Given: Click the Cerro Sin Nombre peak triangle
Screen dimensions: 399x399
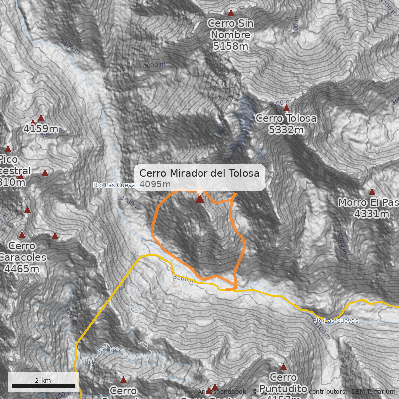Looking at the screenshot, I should (x=231, y=12).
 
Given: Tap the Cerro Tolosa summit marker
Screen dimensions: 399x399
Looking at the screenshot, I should (x=286, y=107).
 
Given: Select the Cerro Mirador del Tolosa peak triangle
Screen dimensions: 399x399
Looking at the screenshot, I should (x=199, y=199).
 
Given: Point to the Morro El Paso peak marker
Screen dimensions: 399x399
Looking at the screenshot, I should (x=372, y=192).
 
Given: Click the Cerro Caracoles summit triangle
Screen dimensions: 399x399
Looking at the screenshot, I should (x=22, y=235).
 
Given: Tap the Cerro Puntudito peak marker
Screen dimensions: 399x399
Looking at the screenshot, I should (x=283, y=367).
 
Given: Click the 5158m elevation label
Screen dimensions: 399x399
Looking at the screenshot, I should (x=230, y=46).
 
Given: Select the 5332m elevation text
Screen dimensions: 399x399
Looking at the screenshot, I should (x=286, y=130).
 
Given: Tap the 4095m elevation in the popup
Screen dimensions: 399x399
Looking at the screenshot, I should (x=152, y=184).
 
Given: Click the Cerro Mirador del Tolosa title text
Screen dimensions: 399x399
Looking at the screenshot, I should (x=199, y=173).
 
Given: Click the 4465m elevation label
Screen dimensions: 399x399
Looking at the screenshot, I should (x=21, y=269).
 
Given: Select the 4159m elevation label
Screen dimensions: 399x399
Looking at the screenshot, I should (x=41, y=129).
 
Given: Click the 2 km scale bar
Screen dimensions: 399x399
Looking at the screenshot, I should (x=43, y=386).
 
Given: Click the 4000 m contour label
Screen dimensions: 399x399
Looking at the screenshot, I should (x=154, y=65).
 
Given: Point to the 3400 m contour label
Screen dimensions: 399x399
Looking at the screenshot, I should (x=69, y=46).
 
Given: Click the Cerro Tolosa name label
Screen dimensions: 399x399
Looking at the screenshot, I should (x=286, y=118).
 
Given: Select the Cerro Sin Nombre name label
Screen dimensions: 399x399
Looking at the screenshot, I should (x=230, y=29).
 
